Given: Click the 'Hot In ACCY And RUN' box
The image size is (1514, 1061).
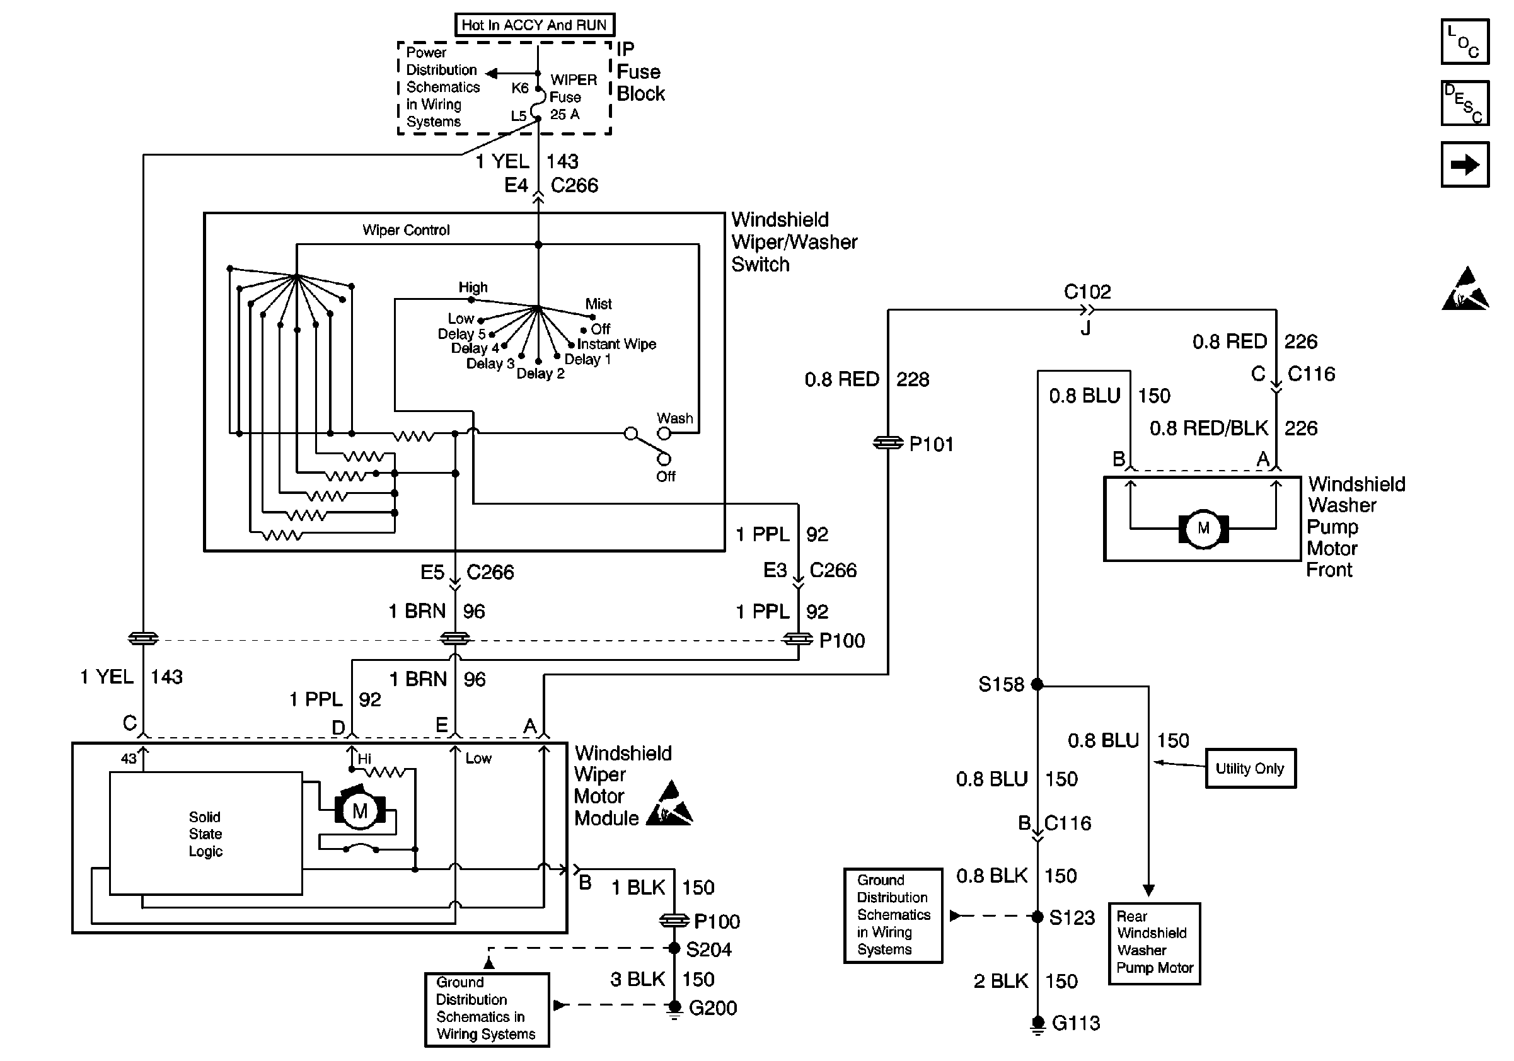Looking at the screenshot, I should [534, 25].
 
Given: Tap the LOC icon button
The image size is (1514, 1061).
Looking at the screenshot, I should [1465, 42].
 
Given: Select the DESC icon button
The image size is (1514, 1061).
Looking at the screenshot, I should [1465, 103].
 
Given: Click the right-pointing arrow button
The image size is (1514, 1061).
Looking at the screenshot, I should [1465, 164].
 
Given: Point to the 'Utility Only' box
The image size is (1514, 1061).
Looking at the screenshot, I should [1251, 769].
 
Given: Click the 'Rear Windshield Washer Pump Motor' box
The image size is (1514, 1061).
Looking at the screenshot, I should [1155, 943].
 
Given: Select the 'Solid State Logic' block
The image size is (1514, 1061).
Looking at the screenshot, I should [205, 834].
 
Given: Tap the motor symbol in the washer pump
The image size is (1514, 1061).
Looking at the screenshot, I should [1203, 528].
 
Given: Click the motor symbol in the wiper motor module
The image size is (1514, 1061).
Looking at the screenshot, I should [360, 811].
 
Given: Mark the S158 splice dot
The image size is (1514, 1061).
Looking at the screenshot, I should [1037, 685].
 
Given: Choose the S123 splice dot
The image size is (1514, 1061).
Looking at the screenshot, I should [1037, 917].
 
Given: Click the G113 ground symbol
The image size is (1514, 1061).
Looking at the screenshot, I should [1038, 1023].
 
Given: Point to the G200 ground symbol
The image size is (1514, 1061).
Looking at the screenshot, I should [674, 1007].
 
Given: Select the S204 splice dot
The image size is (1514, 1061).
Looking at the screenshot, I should [674, 948].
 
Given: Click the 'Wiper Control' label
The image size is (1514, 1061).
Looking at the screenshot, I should [406, 230].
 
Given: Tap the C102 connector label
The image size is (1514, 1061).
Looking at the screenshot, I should [1087, 291].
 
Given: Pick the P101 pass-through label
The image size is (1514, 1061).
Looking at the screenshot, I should [931, 444].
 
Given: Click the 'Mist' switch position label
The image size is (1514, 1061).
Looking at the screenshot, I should [598, 304].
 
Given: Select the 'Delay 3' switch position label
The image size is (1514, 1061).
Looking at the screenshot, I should [490, 363].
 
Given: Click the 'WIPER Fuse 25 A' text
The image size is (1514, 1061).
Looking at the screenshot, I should [572, 97].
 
